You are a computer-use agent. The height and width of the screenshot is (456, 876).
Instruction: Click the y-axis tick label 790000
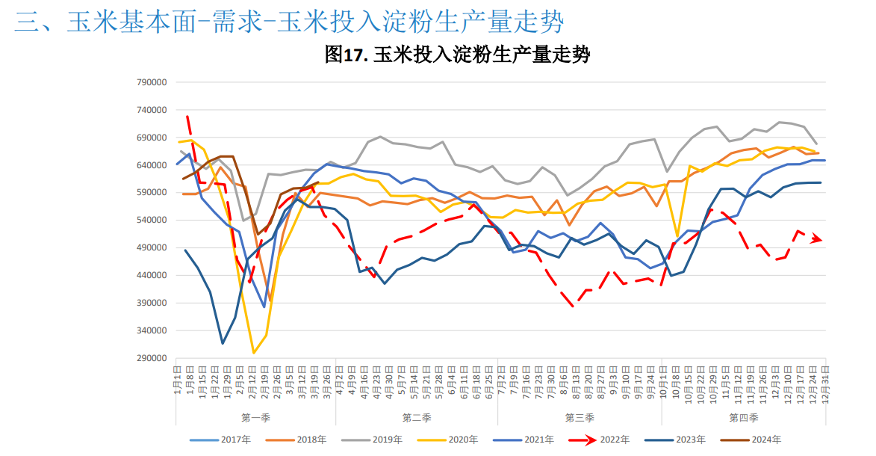click(x=152, y=82)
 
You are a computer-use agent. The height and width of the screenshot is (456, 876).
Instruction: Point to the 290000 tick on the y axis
click(x=152, y=358)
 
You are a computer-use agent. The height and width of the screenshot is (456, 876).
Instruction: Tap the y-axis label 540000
click(x=152, y=220)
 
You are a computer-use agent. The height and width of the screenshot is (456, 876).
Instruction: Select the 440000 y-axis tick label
click(x=152, y=275)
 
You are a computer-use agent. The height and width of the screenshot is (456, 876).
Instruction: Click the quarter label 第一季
click(x=255, y=417)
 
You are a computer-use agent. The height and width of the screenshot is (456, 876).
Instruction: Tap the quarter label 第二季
click(x=416, y=417)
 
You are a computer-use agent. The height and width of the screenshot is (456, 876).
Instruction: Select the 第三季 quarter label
click(x=579, y=417)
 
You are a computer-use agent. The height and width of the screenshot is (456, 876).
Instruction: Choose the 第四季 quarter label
click(x=743, y=417)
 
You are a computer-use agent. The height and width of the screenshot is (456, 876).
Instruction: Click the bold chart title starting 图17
click(x=457, y=54)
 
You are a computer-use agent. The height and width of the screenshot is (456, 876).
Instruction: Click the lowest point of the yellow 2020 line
click(x=254, y=352)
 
